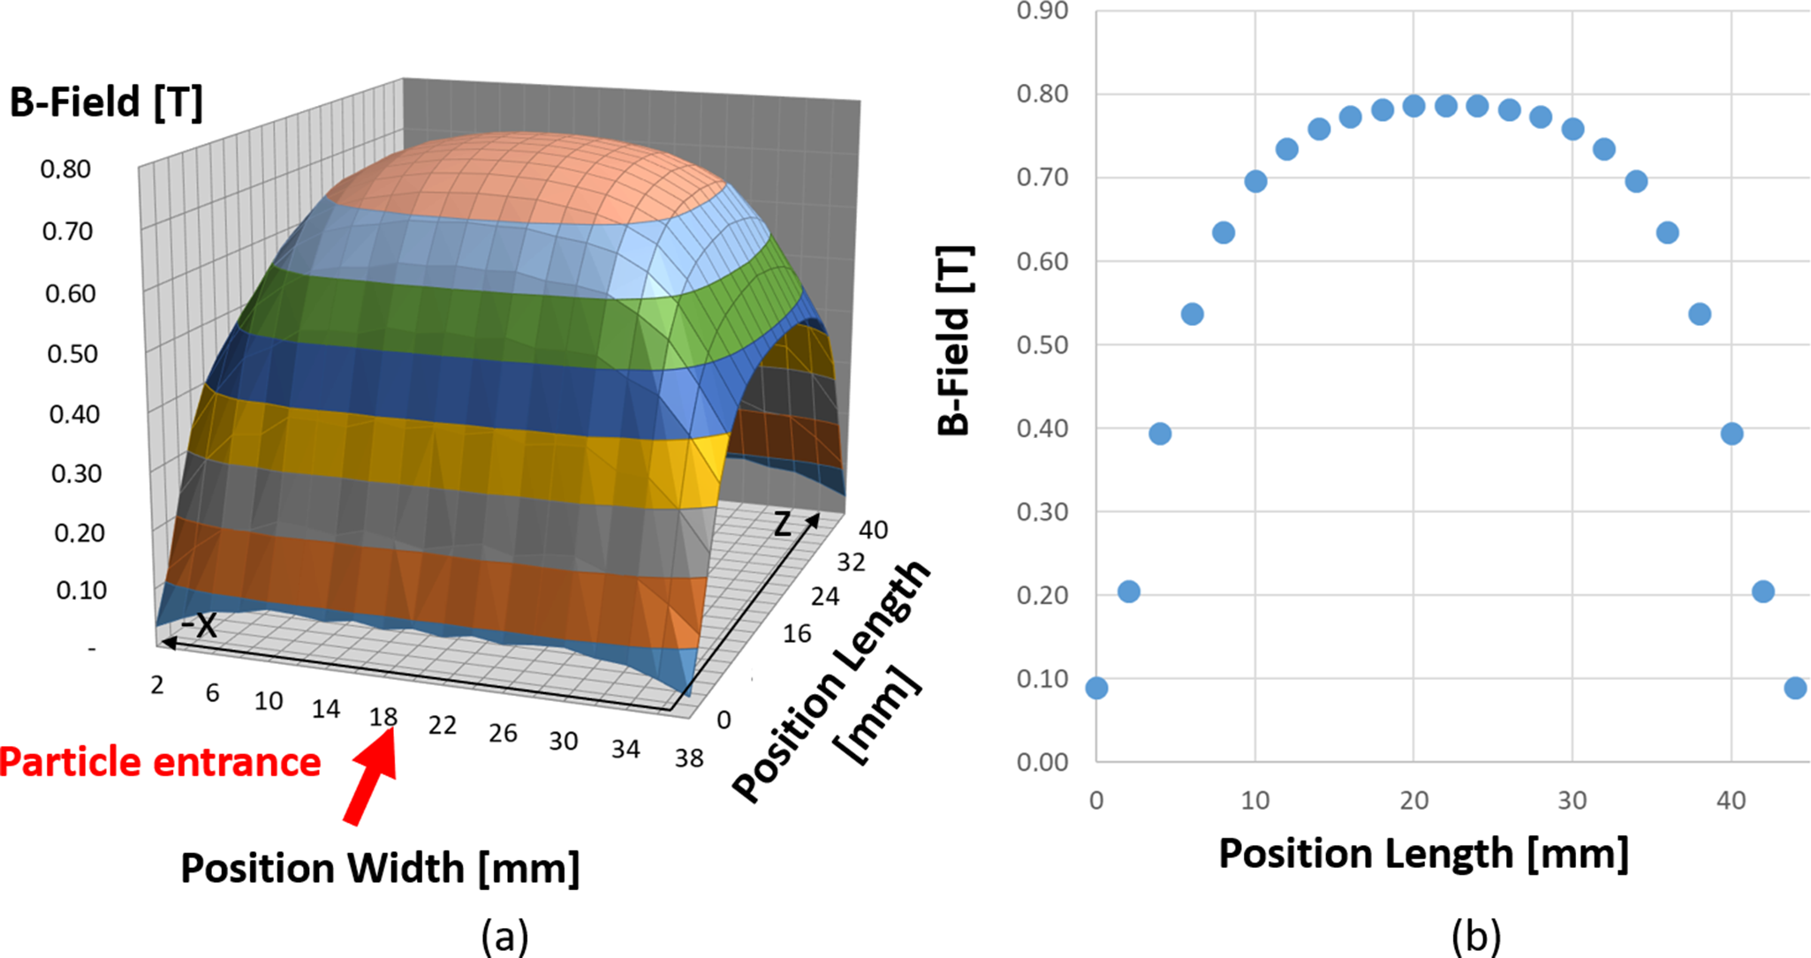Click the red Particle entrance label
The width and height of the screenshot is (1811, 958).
(x=160, y=762)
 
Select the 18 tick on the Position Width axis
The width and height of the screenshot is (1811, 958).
(x=383, y=716)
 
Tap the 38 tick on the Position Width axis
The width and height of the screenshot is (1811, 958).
(x=689, y=758)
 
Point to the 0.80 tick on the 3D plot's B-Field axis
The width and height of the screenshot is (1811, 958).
(x=65, y=169)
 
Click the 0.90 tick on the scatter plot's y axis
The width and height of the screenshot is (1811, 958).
(x=1042, y=11)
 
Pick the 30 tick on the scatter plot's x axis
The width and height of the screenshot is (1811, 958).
(x=1572, y=800)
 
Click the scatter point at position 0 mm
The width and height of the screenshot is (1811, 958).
(x=1096, y=688)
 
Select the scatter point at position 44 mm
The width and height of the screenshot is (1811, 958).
(x=1795, y=688)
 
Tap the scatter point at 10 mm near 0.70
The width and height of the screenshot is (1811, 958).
(x=1255, y=182)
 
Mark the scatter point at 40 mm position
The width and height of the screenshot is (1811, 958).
(x=1731, y=434)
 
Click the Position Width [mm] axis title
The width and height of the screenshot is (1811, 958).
(x=380, y=868)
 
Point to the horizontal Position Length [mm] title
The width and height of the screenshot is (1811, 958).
(x=1423, y=854)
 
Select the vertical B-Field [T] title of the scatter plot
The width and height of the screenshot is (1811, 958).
(x=954, y=341)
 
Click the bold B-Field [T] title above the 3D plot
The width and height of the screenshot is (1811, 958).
(x=106, y=102)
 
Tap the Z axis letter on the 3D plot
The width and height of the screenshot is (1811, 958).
(x=783, y=524)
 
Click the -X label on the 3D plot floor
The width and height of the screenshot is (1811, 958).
(x=199, y=625)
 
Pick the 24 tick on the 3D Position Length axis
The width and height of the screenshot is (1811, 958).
(x=825, y=597)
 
